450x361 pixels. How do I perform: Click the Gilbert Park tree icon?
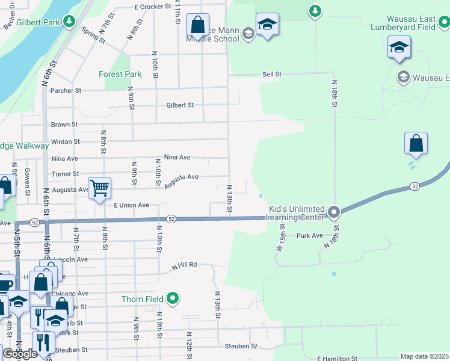click(69, 22)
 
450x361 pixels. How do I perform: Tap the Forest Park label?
click(120, 75)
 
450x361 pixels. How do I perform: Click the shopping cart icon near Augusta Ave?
click(99, 187)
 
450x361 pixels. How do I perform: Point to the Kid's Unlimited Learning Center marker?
click(334, 212)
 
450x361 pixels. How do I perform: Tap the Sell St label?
click(272, 74)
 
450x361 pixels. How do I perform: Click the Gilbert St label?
click(180, 105)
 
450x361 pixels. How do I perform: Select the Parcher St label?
click(66, 91)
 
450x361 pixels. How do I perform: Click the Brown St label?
click(64, 125)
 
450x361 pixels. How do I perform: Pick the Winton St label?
click(66, 141)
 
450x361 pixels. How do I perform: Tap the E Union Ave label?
click(131, 205)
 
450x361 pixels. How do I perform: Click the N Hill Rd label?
click(184, 265)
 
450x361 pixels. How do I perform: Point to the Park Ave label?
click(309, 236)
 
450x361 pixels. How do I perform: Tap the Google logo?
click(20, 354)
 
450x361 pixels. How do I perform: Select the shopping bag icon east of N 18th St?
click(416, 144)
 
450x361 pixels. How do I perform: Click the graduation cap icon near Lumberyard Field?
click(399, 48)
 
